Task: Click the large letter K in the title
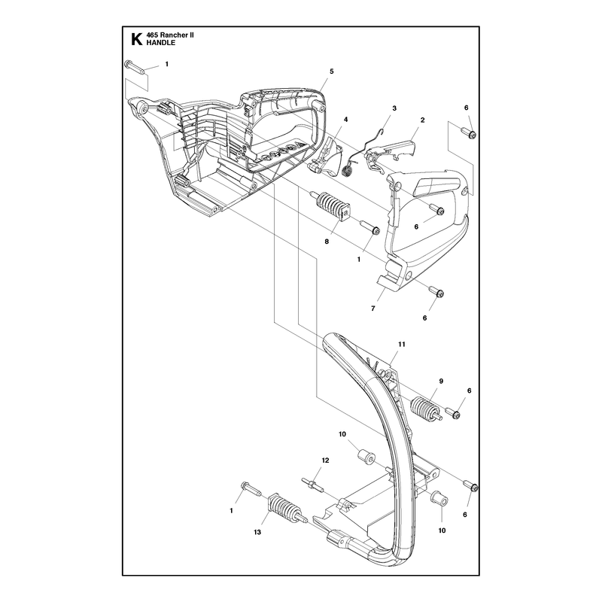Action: (136, 39)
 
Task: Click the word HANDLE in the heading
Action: (161, 43)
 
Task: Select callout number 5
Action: (332, 71)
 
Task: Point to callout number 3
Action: (394, 108)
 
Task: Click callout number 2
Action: (422, 120)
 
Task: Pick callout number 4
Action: (345, 120)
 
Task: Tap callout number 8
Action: (327, 242)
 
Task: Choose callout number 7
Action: (372, 309)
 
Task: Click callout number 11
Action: (402, 345)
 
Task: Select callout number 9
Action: (441, 382)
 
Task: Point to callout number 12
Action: (325, 461)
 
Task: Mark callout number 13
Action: (257, 532)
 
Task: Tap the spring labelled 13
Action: (287, 509)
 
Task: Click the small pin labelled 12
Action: (312, 483)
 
